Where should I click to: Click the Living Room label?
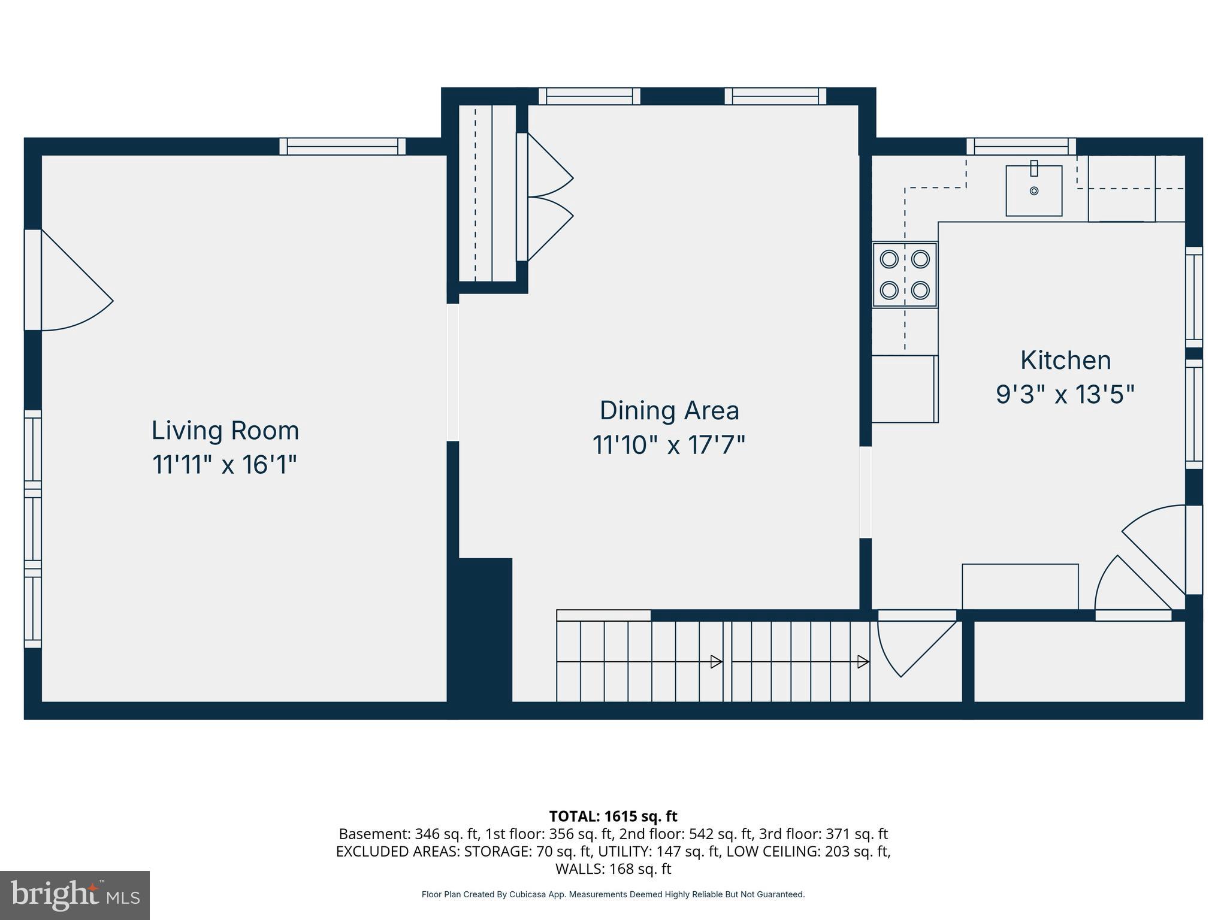225,431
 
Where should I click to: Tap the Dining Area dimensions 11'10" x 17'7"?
669,445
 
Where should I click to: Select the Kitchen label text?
1065,361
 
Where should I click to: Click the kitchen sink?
1033,190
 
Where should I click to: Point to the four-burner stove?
905,275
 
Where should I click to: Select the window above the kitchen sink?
1021,146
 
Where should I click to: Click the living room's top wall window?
342,146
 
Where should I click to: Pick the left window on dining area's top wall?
589,96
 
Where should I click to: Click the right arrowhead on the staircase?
863,662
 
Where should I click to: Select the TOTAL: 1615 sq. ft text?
613,816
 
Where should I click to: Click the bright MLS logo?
75,895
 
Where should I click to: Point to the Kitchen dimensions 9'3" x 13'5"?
1065,395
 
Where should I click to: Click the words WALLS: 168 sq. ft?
613,868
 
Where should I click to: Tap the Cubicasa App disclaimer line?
613,895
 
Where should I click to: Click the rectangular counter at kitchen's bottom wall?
1020,586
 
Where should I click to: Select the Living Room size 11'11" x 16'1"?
225,465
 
